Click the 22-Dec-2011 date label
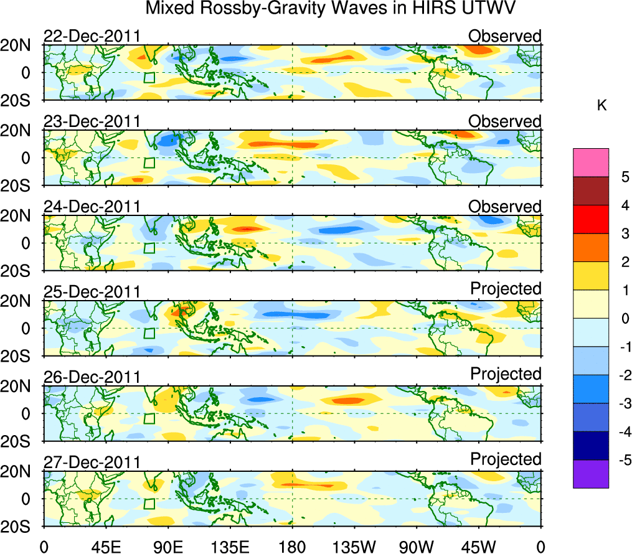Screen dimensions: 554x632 click(x=92, y=36)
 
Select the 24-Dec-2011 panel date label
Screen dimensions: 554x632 click(x=92, y=207)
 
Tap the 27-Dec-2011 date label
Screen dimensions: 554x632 click(x=92, y=462)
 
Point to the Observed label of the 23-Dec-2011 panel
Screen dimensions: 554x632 click(x=504, y=121)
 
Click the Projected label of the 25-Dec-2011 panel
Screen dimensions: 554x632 click(x=506, y=289)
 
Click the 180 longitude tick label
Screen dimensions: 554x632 click(x=292, y=547)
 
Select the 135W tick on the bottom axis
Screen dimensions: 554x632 click(x=354, y=547)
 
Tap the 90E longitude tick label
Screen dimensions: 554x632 click(x=167, y=547)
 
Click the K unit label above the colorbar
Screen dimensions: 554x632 click(x=601, y=106)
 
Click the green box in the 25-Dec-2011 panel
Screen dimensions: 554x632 click(x=149, y=333)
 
